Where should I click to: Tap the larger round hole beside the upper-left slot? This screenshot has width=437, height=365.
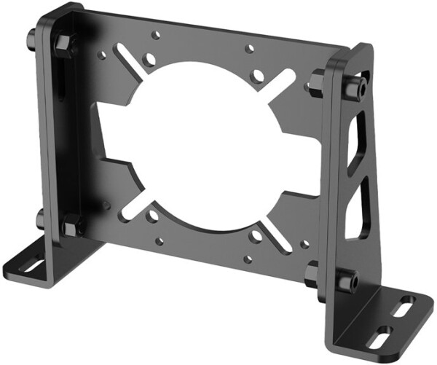coord(149,58)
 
